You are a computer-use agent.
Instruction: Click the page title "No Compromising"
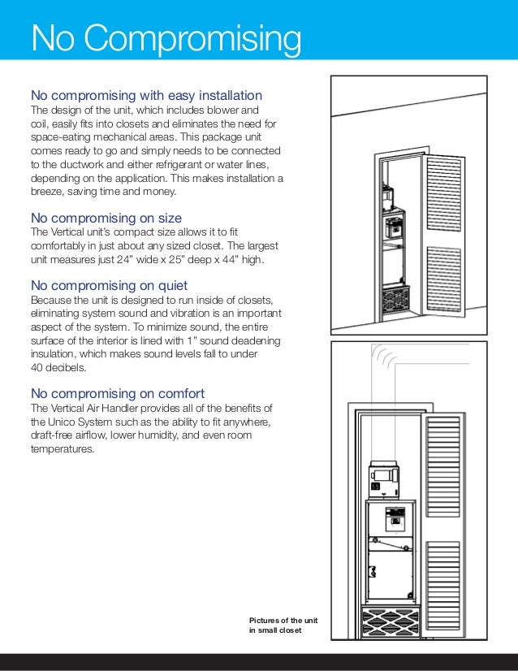coord(166,38)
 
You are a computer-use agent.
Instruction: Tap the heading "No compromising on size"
coord(106,218)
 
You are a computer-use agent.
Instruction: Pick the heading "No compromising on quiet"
coord(109,285)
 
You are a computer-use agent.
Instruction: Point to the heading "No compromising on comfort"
coord(117,393)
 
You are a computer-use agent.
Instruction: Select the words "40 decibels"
coord(58,369)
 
